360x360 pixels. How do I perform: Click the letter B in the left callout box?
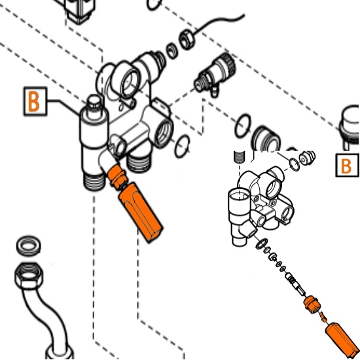pyautogui.click(x=33, y=101)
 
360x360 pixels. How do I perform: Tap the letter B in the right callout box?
pyautogui.click(x=346, y=166)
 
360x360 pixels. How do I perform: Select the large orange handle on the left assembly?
pyautogui.click(x=141, y=211)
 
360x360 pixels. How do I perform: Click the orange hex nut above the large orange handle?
pyautogui.click(x=117, y=176)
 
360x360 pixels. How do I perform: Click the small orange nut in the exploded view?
pyautogui.click(x=312, y=304)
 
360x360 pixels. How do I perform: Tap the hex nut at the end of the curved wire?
pyautogui.click(x=187, y=39)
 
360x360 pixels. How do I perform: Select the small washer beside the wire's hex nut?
pyautogui.click(x=172, y=51)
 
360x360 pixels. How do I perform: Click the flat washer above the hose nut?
pyautogui.click(x=28, y=245)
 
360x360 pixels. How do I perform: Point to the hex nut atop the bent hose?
pyautogui.click(x=29, y=276)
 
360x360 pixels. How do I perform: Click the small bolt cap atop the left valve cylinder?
pyautogui.click(x=94, y=103)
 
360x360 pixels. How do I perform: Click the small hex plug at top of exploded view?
pyautogui.click(x=307, y=158)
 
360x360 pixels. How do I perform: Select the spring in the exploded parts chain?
pyautogui.click(x=291, y=279)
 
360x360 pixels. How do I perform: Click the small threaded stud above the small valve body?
pyautogui.click(x=240, y=157)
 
